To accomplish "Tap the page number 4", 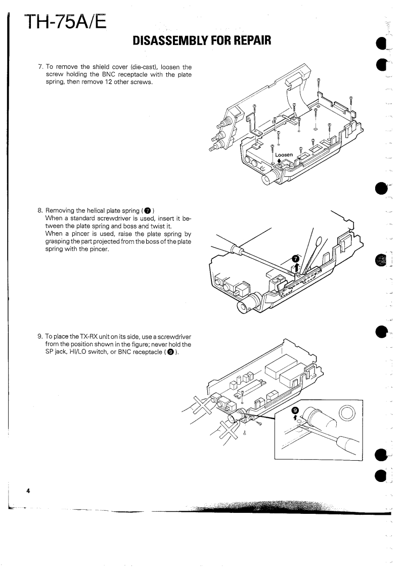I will point(29,491).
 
